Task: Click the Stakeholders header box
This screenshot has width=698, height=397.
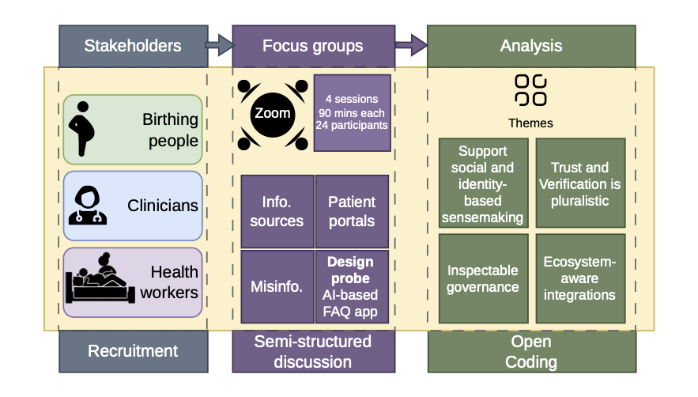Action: pos(134,46)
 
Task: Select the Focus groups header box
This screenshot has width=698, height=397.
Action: pos(313,46)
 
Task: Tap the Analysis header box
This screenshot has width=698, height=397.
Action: pos(531,46)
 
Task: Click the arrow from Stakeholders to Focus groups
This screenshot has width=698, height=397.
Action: pos(220,45)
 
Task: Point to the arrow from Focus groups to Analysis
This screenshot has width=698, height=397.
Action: pos(411,45)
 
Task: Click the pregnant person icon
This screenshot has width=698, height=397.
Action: pos(81,129)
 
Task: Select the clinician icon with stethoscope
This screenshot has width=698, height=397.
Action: pos(88,206)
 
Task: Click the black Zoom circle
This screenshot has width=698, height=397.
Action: pos(273,114)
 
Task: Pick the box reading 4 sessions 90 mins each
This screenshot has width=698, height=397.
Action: pos(352,113)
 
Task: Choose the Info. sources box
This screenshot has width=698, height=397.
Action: pos(277,211)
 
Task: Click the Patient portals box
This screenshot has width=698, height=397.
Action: pos(352,211)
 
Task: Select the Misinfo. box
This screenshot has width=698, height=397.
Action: pos(277,286)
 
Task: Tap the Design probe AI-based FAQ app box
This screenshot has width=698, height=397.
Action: pos(352,286)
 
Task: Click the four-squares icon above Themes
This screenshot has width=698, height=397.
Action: pos(530,90)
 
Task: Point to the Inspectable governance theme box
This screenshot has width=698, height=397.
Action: pos(484,278)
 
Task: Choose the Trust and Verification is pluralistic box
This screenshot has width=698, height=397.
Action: pos(580,183)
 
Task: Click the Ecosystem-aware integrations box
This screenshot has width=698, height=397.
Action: pos(580,278)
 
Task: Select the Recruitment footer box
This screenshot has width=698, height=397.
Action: pos(134,351)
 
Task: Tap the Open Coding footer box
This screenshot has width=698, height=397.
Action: pos(532,351)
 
